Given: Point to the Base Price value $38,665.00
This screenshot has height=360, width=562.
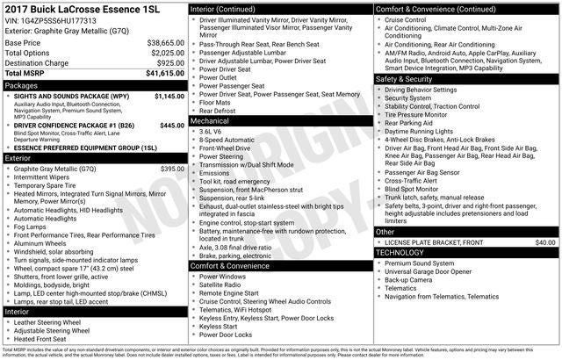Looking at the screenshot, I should point(165,42).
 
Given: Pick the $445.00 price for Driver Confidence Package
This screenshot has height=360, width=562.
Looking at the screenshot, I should point(172,126).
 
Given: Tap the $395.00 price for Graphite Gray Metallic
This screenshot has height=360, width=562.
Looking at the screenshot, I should point(172,168).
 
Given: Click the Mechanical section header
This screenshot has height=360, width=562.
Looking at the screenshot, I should point(210,120).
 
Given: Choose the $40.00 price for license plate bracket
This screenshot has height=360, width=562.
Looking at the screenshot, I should point(545,241).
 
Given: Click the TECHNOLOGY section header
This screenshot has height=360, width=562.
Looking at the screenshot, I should point(400,252).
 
